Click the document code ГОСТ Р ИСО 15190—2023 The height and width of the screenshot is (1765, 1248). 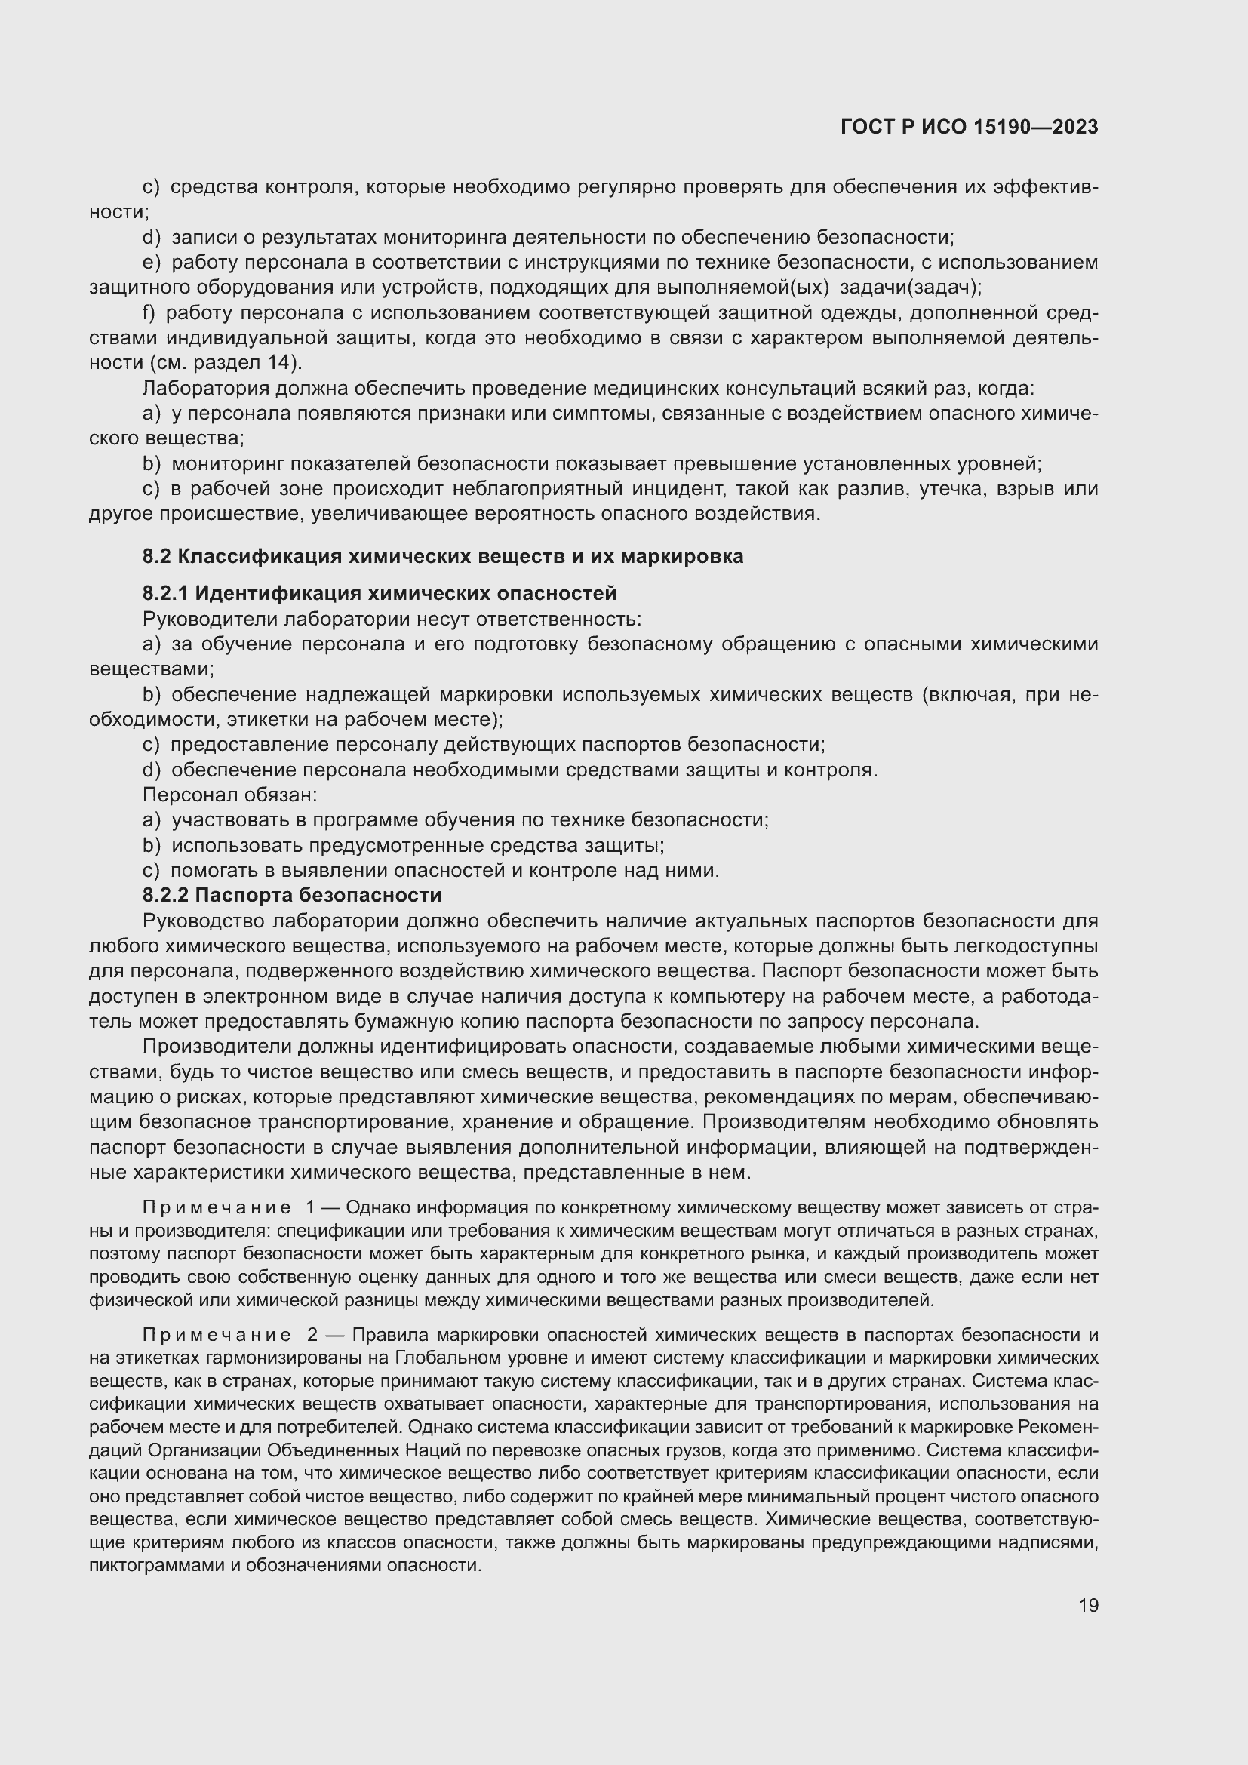969,128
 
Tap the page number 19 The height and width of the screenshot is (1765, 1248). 1088,1605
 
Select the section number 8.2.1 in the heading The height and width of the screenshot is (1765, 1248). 166,593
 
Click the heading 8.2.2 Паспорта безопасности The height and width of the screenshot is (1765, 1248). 292,895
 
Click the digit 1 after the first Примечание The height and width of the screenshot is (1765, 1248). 311,1208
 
